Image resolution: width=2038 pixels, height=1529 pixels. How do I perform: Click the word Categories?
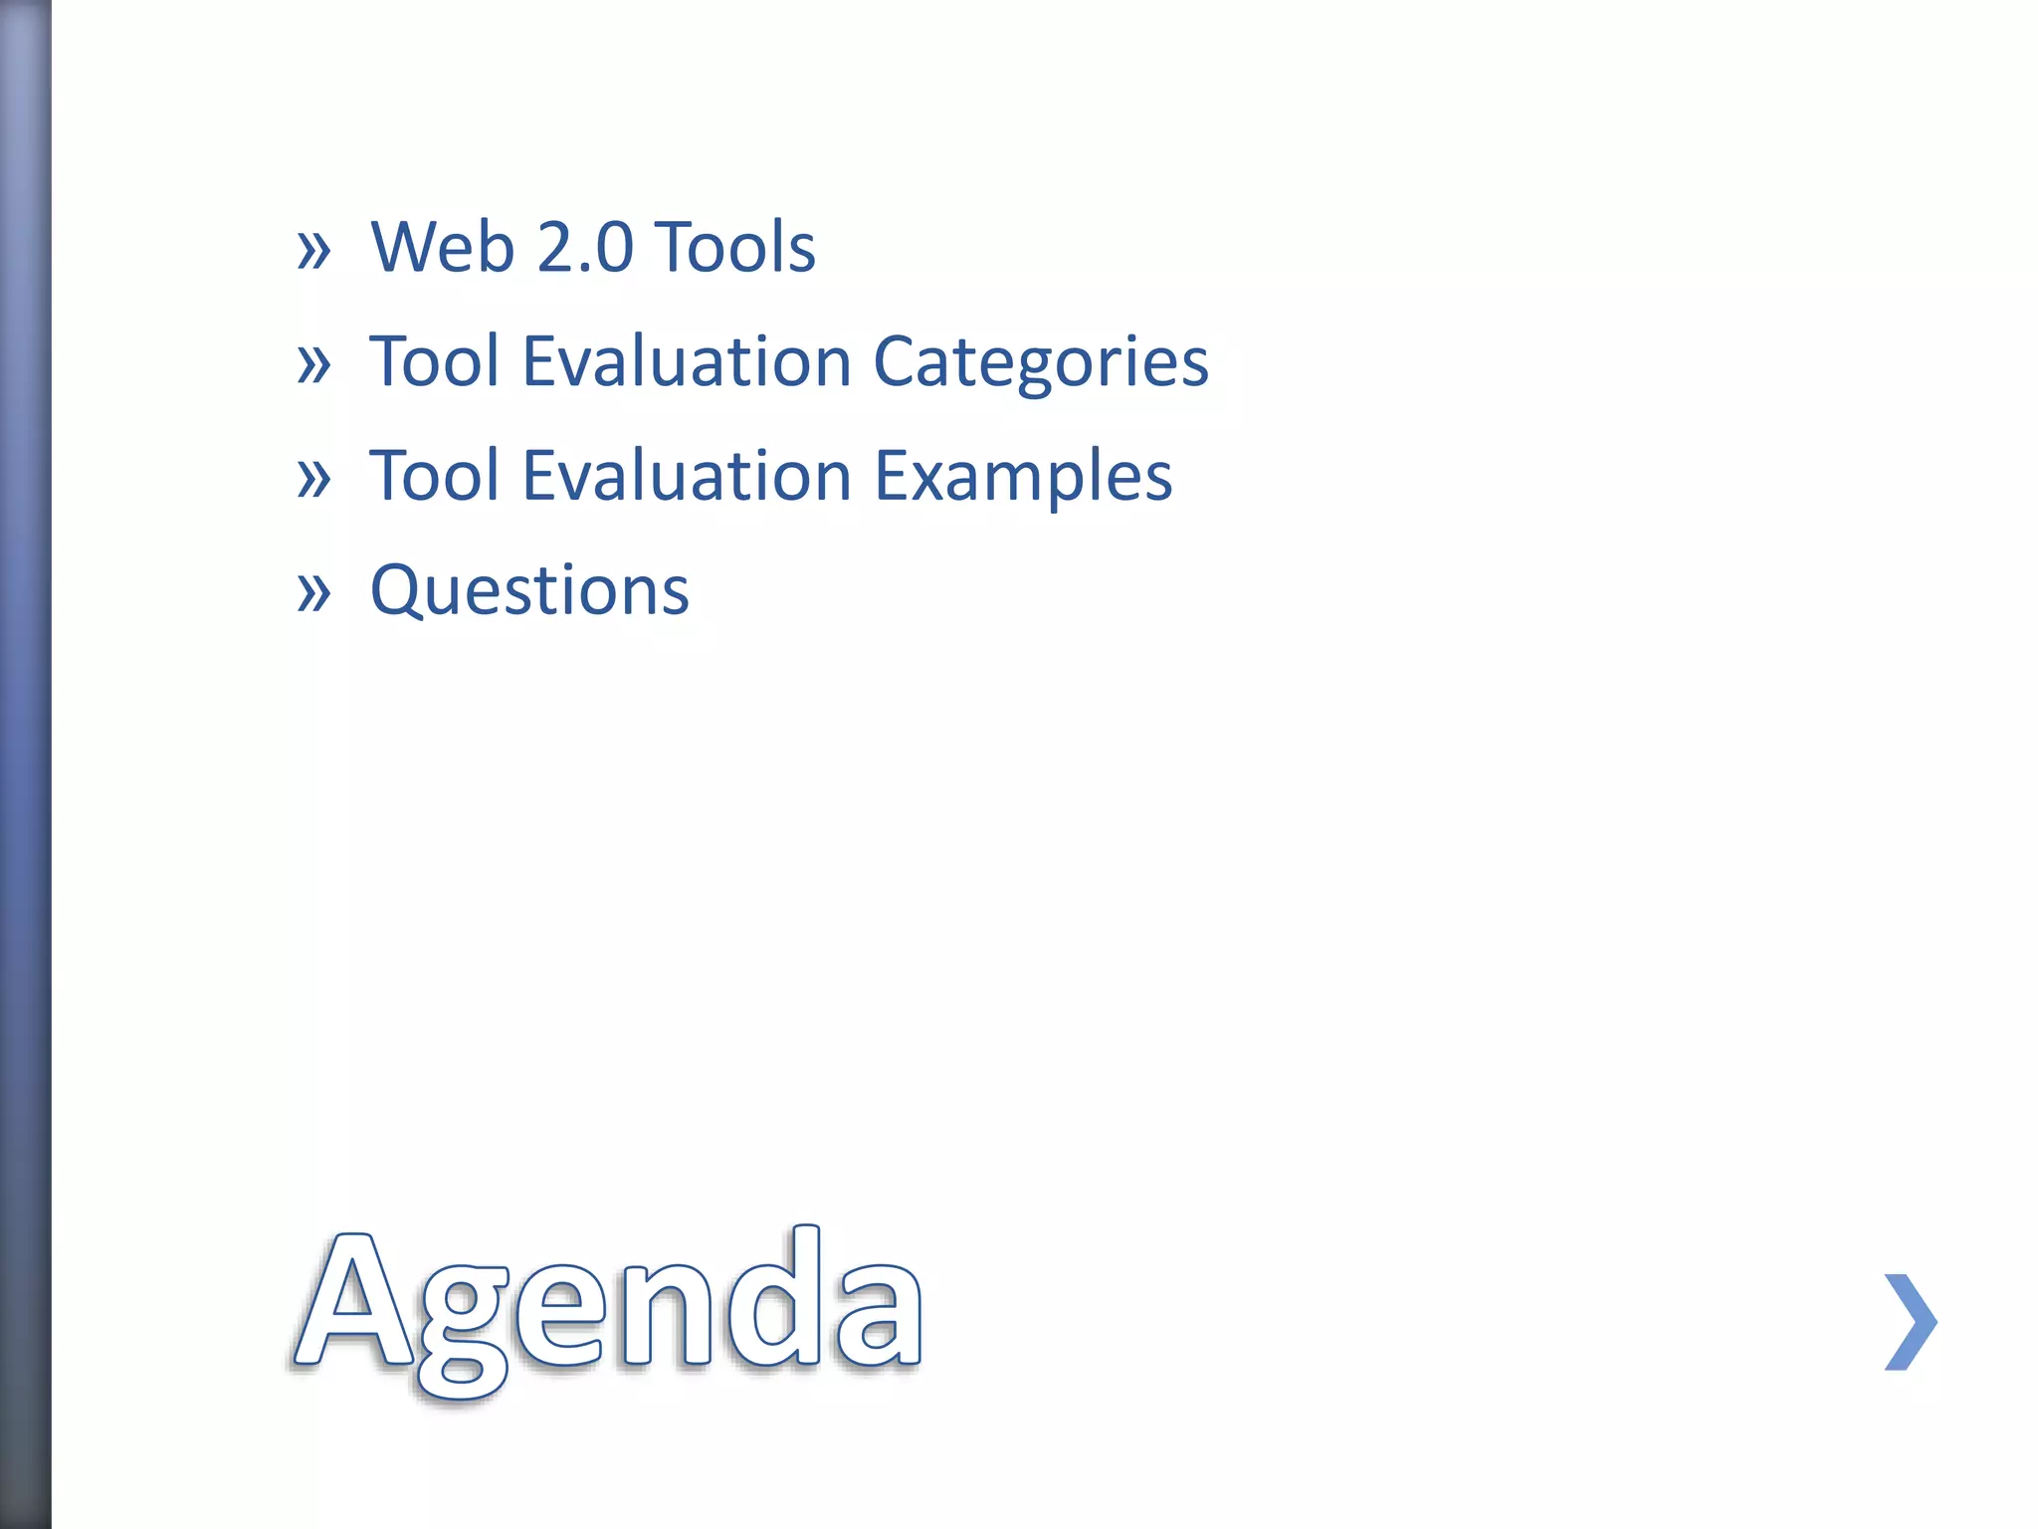click(x=1040, y=362)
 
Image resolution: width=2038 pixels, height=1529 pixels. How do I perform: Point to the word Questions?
click(x=529, y=590)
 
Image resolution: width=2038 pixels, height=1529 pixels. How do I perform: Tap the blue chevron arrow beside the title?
click(x=1911, y=1322)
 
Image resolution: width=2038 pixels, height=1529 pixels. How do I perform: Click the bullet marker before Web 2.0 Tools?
click(x=313, y=250)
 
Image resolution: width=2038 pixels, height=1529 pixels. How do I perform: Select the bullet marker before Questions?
click(x=313, y=593)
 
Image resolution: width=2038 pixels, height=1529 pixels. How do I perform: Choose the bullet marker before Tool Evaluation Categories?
click(x=313, y=364)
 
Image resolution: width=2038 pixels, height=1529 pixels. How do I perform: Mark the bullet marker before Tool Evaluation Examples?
click(x=313, y=479)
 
